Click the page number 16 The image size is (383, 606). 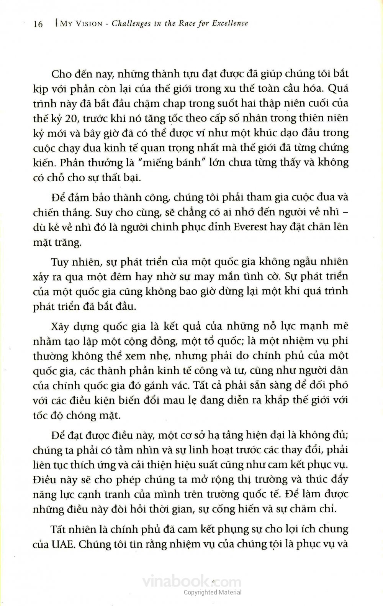[x=38, y=24]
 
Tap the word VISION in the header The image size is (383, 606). [x=88, y=24]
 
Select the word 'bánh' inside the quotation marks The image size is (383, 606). [x=187, y=162]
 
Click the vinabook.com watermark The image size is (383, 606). [x=191, y=582]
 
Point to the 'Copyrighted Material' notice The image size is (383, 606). [x=213, y=592]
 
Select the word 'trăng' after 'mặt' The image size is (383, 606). [x=68, y=242]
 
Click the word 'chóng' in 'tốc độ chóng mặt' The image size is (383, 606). [x=80, y=415]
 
